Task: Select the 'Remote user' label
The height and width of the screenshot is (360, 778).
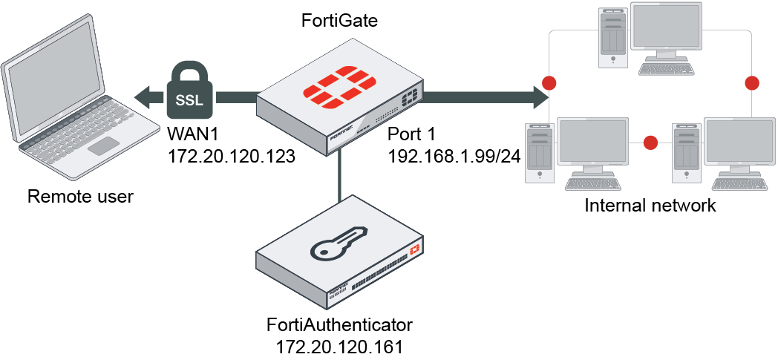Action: (79, 197)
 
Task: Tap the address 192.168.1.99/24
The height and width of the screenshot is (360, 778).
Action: (454, 157)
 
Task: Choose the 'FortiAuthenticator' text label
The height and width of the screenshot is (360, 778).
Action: (339, 325)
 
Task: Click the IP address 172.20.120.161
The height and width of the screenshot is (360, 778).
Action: (339, 346)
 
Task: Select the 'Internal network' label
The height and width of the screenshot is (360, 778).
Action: (650, 206)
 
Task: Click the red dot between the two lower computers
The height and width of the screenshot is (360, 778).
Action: (651, 141)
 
